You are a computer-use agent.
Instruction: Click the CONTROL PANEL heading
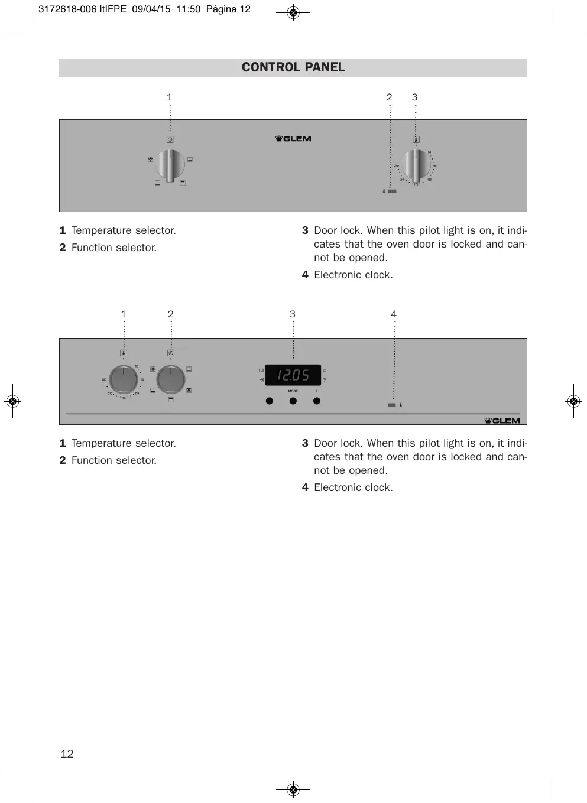coord(293,67)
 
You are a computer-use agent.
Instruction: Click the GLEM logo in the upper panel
coord(293,139)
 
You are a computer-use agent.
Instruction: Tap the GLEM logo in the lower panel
coord(502,421)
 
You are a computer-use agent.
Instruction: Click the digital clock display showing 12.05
coord(293,375)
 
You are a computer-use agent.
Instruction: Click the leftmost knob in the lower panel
coord(124,379)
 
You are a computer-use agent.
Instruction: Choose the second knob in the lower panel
coord(171,379)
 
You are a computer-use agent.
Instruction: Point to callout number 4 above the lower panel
coord(394,314)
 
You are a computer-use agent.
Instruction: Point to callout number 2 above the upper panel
coord(389,97)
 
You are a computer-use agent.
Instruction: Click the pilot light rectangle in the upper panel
coord(393,191)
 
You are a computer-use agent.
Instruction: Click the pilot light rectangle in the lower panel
coord(391,405)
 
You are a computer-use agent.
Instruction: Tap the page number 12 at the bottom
coord(67,753)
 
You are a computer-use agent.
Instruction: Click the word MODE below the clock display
coord(293,391)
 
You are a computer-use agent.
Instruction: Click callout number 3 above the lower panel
coord(292,314)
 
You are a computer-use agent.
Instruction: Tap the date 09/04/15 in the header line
coord(151,9)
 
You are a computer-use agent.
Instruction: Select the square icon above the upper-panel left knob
coord(170,140)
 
